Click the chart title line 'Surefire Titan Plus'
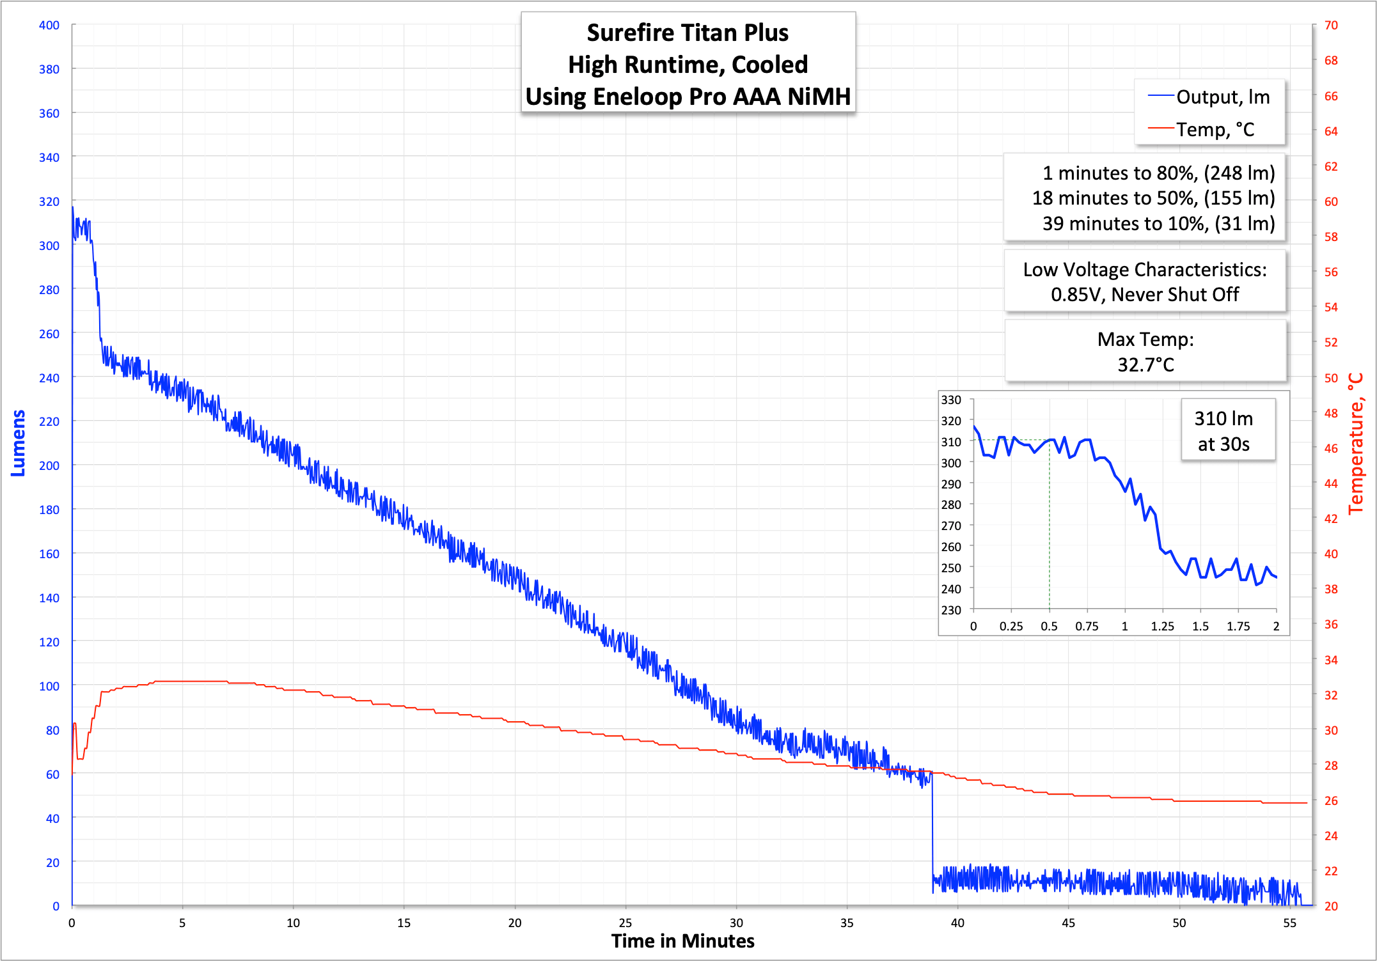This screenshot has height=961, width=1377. coord(688,33)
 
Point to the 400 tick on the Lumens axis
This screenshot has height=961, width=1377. coord(49,26)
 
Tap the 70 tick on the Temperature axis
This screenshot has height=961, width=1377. coord(1331,26)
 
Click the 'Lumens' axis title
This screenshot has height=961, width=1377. coord(18,442)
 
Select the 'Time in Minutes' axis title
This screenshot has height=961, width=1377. coord(682,941)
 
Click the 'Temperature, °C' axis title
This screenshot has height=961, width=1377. coord(1355,444)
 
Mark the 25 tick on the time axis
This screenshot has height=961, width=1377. coord(626,923)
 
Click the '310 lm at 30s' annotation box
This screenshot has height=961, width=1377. coord(1223,431)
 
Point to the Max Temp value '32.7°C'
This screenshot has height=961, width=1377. coord(1145,364)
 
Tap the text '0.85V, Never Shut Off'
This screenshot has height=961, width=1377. coord(1145,294)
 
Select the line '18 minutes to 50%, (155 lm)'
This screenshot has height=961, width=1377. coord(1153,198)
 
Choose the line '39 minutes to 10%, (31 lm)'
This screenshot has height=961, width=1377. coord(1158,223)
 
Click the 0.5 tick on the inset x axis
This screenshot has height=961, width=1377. coord(1049,626)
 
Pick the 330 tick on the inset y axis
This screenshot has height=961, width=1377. coord(951,400)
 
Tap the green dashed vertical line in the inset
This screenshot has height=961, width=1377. coord(1049,524)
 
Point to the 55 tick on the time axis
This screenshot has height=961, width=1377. coord(1289,923)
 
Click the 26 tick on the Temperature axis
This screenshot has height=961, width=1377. coord(1331,801)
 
